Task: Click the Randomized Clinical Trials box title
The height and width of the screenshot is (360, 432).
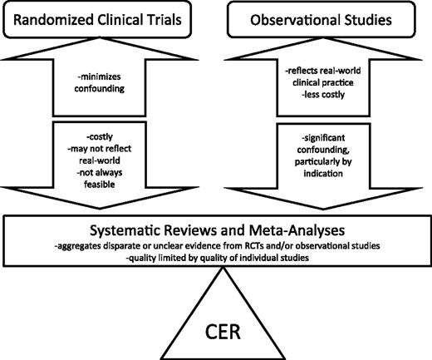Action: point(97,20)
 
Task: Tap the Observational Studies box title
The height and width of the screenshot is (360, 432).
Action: point(321,20)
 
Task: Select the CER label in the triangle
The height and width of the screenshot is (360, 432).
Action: point(223,332)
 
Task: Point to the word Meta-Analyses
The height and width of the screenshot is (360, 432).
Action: point(297,230)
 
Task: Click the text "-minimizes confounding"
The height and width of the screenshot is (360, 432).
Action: point(100,82)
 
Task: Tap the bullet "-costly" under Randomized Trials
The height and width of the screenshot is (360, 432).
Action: point(100,137)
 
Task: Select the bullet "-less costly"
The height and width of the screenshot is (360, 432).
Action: point(323,95)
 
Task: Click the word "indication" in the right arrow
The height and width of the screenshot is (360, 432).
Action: point(323,174)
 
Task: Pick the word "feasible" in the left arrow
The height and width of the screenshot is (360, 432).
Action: point(100,185)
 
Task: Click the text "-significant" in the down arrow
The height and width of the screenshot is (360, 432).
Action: point(323,138)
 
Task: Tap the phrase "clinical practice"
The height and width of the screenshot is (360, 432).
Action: point(323,82)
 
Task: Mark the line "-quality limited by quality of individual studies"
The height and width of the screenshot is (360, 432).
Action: point(218,258)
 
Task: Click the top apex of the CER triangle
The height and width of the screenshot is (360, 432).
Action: point(223,267)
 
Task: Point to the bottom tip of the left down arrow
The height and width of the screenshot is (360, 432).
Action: point(100,209)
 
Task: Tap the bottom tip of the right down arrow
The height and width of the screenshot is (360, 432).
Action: point(323,210)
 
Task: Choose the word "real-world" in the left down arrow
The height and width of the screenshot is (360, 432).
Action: point(100,160)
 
